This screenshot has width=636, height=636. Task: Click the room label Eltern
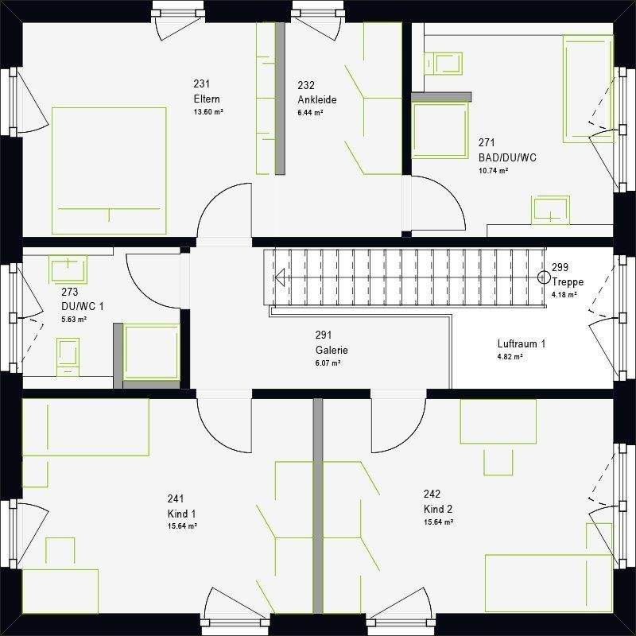[x=207, y=99]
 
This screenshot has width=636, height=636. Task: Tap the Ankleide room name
[x=317, y=100]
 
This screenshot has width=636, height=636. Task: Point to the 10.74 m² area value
[x=494, y=171]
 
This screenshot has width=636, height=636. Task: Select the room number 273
[x=70, y=292]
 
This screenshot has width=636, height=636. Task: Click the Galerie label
[x=332, y=350]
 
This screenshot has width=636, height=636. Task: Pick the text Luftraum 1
[x=522, y=344]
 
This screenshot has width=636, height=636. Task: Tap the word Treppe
[x=568, y=282]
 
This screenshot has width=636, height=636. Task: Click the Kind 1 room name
[x=182, y=514]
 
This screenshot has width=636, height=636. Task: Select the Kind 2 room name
[x=438, y=509]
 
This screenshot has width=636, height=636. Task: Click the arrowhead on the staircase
[x=280, y=278]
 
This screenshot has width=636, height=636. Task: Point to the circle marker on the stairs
[x=544, y=277]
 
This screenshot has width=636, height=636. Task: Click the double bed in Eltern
[x=109, y=171]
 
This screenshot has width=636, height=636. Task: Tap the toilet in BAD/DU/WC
[x=443, y=63]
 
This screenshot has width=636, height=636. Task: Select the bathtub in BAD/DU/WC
[x=588, y=89]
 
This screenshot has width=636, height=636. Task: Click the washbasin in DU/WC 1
[x=68, y=270]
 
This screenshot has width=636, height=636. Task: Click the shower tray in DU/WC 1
[x=151, y=352]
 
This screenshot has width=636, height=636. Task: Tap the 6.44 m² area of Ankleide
[x=310, y=113]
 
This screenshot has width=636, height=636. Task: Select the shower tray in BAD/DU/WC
[x=440, y=130]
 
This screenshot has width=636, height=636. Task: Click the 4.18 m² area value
[x=564, y=295]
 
